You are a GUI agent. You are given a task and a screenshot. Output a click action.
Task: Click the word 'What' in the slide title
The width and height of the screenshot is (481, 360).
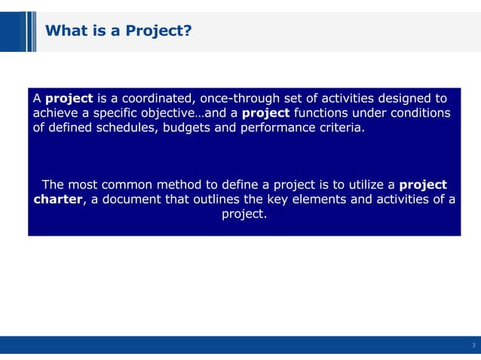[x=65, y=31]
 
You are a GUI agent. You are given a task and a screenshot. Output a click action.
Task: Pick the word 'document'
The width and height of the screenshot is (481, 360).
[x=131, y=200]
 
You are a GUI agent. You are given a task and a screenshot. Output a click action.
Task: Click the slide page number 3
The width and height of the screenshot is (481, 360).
[x=473, y=346]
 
